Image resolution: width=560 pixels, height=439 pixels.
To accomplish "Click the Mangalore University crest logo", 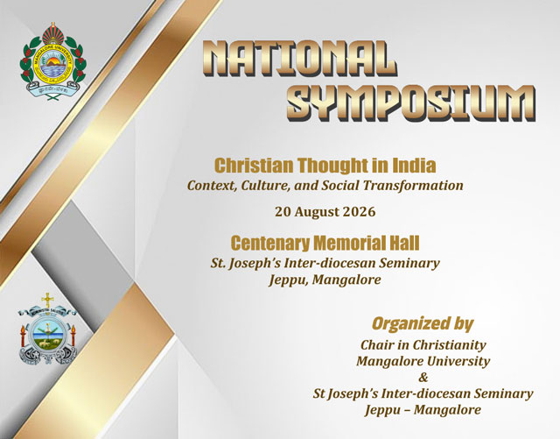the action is pyautogui.click(x=52, y=60).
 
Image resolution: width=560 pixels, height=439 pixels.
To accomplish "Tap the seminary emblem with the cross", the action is pyautogui.click(x=47, y=329).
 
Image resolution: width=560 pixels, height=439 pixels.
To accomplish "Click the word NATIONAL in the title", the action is pyautogui.click(x=299, y=58).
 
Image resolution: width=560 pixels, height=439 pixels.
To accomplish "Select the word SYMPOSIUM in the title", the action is pyautogui.click(x=411, y=103).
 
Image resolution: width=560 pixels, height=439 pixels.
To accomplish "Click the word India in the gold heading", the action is pyautogui.click(x=414, y=166).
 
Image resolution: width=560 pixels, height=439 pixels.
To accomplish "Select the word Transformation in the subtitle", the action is pyautogui.click(x=413, y=186).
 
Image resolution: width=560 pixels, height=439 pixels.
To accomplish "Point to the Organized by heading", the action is pyautogui.click(x=423, y=323).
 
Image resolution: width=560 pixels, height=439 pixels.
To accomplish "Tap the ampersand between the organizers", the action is pyautogui.click(x=423, y=377).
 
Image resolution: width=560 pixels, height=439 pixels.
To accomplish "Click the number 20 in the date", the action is pyautogui.click(x=282, y=212).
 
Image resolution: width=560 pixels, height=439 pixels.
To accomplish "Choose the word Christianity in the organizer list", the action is pyautogui.click(x=449, y=345).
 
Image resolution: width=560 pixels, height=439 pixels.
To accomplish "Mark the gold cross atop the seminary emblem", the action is pyautogui.click(x=47, y=300).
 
